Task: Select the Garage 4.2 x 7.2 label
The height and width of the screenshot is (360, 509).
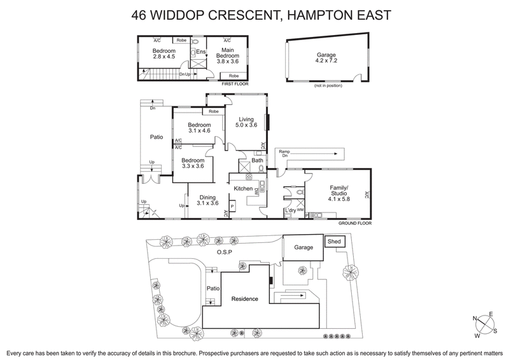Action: point(326,59)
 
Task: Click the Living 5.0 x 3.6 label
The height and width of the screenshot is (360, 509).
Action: point(247,122)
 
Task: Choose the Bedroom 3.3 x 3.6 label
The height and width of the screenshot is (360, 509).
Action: point(193,163)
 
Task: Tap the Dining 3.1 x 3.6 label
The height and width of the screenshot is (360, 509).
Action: point(207,200)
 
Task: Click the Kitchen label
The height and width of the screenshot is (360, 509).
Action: point(244,189)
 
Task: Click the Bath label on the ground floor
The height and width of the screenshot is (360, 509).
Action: point(257,161)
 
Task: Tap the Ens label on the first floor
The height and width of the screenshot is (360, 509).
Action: point(200,52)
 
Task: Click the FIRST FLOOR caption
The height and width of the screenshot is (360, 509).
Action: point(234,84)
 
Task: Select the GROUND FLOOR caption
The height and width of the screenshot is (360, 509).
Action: point(353,223)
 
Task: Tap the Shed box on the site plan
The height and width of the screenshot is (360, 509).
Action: point(334,242)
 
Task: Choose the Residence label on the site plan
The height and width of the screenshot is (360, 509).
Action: point(244,299)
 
